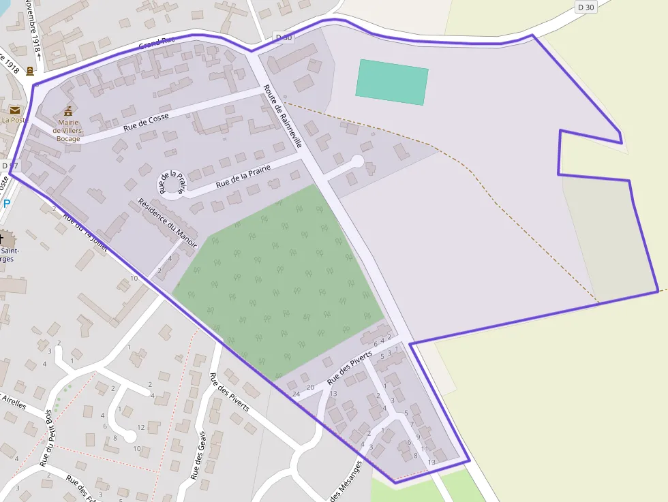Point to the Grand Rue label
(x=157, y=42)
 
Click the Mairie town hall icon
(x=67, y=111)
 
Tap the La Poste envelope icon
(x=14, y=110)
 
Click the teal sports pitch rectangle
(x=392, y=82)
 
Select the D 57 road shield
(x=10, y=166)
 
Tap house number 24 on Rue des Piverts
(x=296, y=394)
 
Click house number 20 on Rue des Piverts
(x=310, y=388)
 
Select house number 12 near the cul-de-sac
(x=141, y=427)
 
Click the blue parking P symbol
(x=7, y=204)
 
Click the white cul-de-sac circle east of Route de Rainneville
(x=357, y=161)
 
